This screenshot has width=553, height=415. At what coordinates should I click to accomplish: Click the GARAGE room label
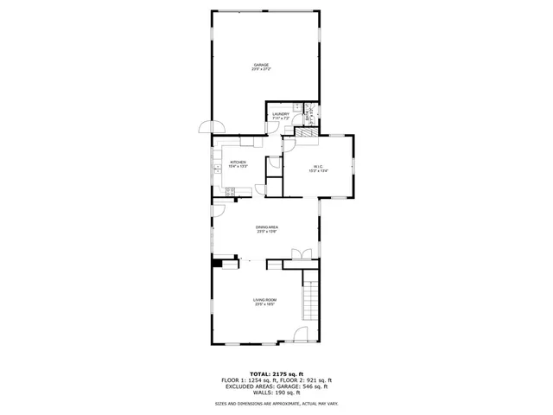(261, 64)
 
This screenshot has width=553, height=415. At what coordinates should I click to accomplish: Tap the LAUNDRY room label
(280, 113)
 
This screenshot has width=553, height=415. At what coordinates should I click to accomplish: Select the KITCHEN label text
(238, 162)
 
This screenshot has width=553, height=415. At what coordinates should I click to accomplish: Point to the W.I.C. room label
(319, 167)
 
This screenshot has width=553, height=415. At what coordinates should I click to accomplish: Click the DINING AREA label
(266, 227)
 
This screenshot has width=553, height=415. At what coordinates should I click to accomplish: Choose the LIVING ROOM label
(264, 300)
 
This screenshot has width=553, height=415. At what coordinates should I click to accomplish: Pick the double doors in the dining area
(302, 252)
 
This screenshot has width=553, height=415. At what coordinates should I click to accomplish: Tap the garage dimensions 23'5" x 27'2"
(261, 69)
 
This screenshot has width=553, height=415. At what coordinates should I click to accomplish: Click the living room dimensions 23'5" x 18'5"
(264, 305)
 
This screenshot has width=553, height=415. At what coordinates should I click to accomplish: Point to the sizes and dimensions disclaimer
(276, 404)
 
